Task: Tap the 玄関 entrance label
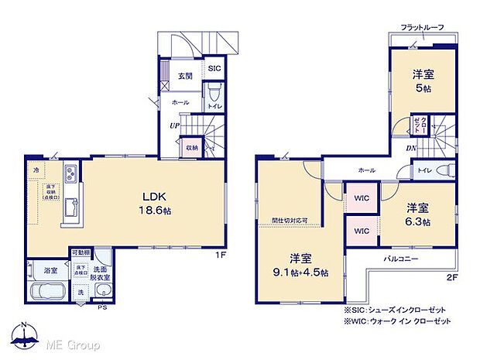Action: pyautogui.click(x=186, y=76)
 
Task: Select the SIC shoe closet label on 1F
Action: pyautogui.click(x=214, y=68)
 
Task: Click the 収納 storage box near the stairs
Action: pyautogui.click(x=191, y=146)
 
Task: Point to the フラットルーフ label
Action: pyautogui.click(x=422, y=28)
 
